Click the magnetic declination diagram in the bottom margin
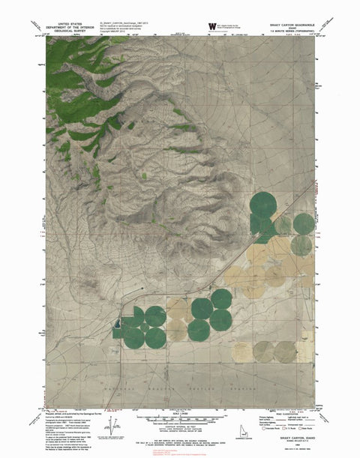pos(114,429)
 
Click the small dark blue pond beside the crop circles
pos(116,325)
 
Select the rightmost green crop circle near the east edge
pos(303,223)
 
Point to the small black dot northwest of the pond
pos(139,288)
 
